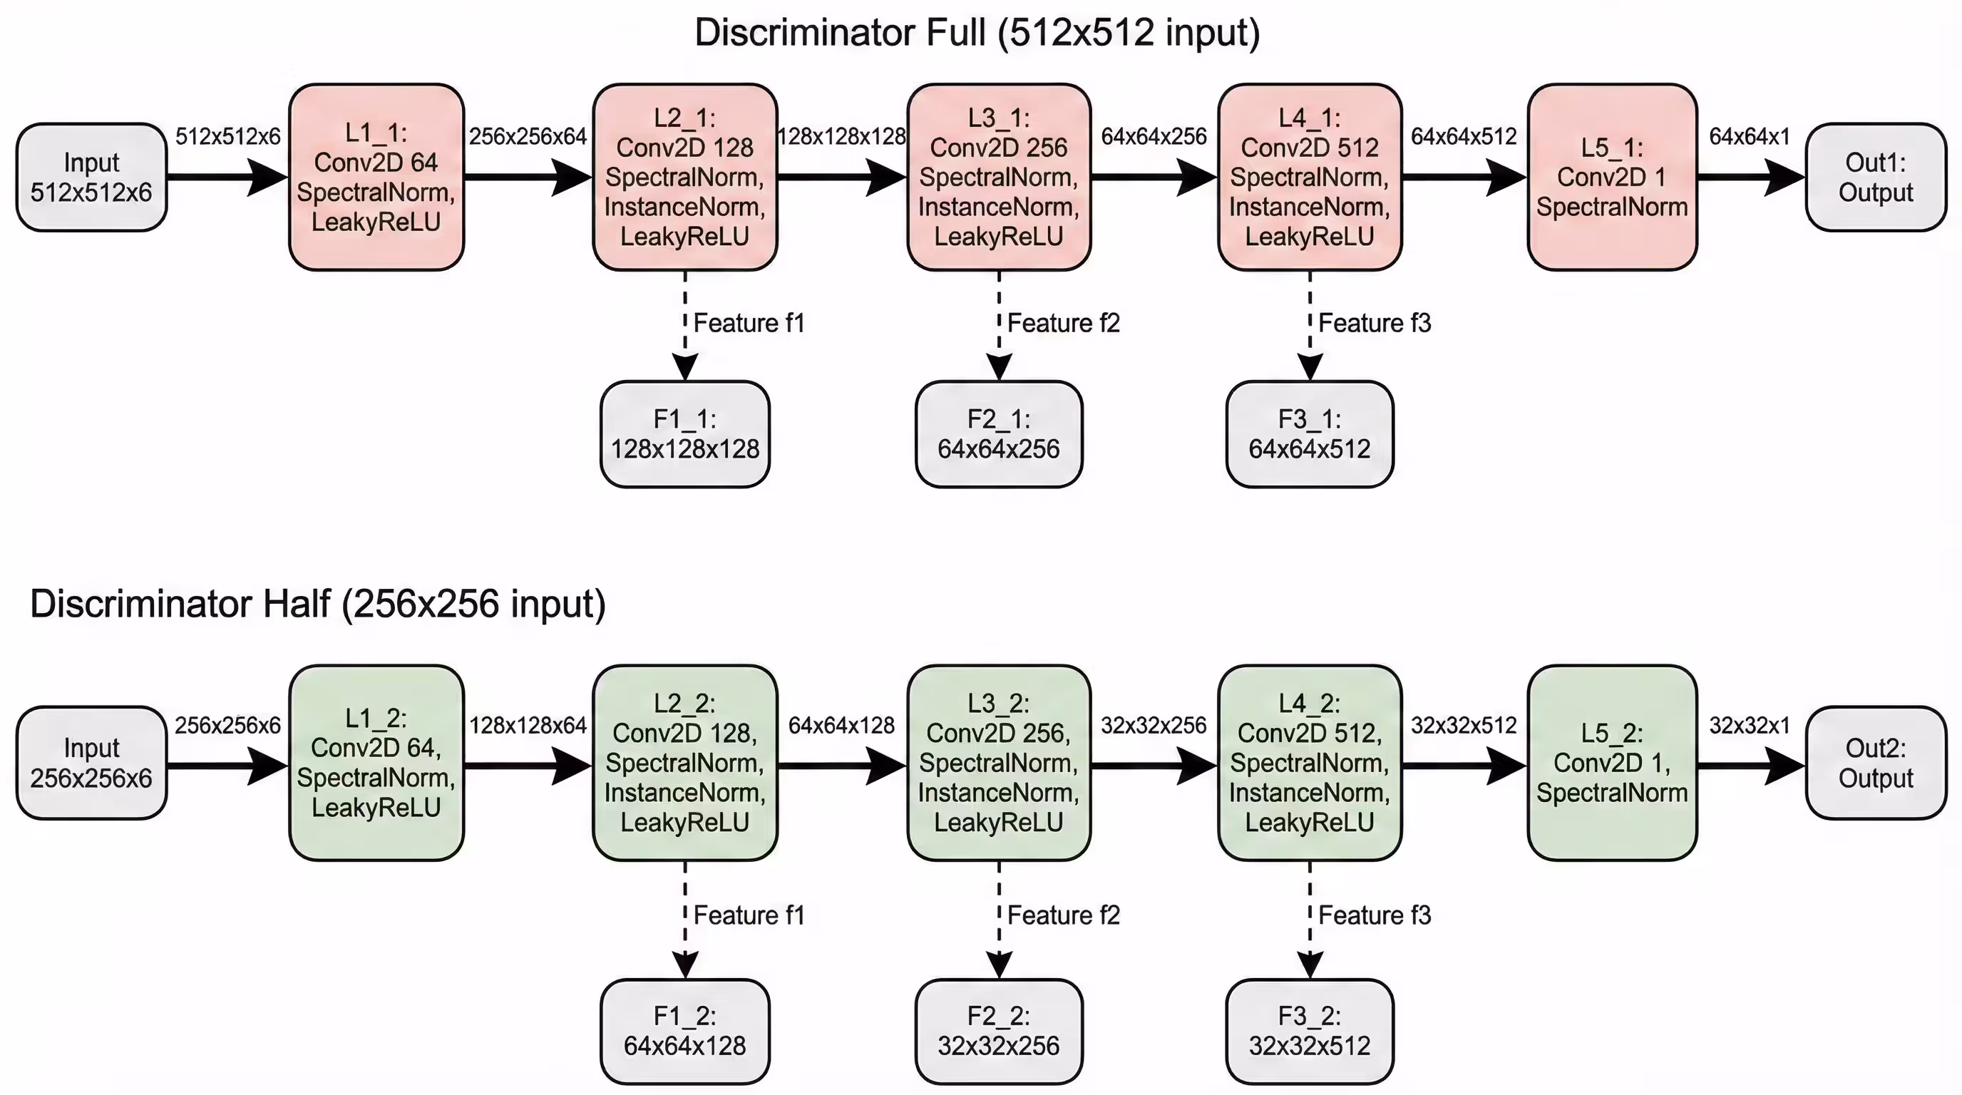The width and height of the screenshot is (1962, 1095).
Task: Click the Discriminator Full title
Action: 977,34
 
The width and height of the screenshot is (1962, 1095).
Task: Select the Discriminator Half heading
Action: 317,604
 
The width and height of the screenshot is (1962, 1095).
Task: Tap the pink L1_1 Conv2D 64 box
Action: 376,177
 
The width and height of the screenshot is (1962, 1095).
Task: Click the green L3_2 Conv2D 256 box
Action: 999,762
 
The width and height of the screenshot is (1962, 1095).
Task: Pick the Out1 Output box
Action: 1875,177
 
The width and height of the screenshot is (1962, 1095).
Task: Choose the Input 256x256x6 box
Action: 91,762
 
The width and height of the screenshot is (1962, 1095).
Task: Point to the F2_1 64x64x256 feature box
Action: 999,434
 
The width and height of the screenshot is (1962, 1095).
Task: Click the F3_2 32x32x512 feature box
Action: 1309,1031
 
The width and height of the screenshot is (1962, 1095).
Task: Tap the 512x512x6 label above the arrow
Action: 227,137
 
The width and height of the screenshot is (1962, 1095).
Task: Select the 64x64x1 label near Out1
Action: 1750,137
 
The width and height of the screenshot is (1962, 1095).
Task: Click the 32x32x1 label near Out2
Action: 1750,726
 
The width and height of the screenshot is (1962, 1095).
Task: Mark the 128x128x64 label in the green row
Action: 528,726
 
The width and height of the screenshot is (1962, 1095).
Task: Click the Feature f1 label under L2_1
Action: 749,324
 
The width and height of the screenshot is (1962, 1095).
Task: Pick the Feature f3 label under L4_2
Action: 1374,915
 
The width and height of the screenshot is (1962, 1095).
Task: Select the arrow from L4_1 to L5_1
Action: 1462,178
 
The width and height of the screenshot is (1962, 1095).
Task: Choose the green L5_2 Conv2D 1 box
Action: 1612,762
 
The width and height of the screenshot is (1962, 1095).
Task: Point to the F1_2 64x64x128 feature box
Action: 684,1031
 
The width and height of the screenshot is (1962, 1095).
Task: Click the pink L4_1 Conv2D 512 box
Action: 1309,177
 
